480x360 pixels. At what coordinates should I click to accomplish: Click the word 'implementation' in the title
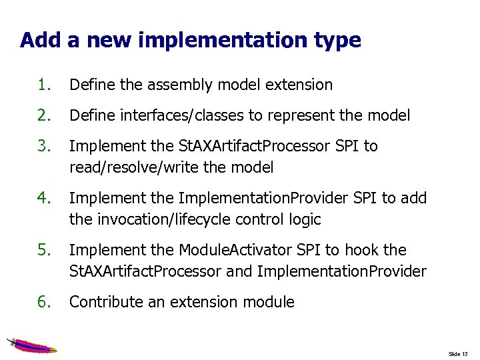click(x=219, y=41)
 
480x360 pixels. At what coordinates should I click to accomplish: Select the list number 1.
click(x=45, y=85)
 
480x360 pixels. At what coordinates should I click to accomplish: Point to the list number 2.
click(x=45, y=115)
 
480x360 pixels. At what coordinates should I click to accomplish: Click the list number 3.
click(x=45, y=146)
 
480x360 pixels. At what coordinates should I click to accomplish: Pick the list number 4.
click(x=45, y=198)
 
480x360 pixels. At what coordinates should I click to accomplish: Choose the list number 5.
click(x=45, y=250)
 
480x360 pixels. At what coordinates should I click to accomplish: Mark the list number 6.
click(x=45, y=302)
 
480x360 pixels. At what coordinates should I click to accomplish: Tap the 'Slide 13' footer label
click(x=459, y=353)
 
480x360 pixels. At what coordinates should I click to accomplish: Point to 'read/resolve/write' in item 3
click(x=123, y=167)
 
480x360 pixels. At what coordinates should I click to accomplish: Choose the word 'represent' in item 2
click(x=299, y=115)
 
